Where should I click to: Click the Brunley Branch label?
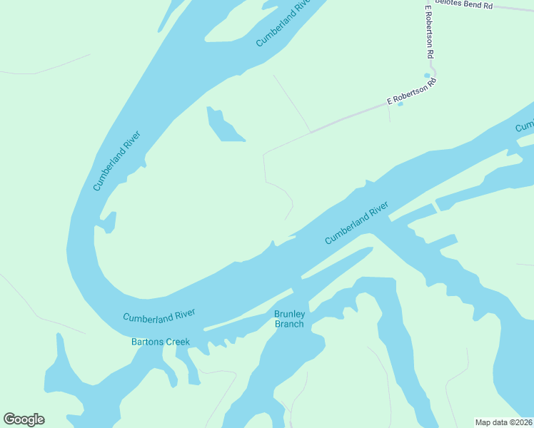(x=289, y=319)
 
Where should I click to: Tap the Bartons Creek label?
(x=161, y=342)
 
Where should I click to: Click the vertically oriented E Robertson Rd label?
(x=430, y=32)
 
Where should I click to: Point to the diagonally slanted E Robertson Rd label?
(x=411, y=93)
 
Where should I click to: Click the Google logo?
(x=24, y=419)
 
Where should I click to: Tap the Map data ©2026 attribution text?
(x=503, y=422)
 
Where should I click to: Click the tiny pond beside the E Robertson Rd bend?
(x=427, y=75)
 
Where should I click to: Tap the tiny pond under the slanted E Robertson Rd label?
(x=400, y=105)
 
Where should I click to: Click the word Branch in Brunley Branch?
(x=289, y=324)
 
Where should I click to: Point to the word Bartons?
(x=147, y=342)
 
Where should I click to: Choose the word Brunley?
(x=290, y=314)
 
